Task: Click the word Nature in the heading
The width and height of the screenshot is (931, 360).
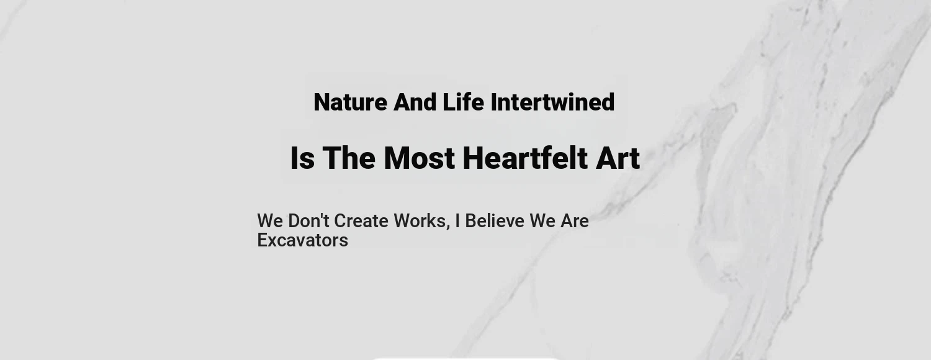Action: pos(351,102)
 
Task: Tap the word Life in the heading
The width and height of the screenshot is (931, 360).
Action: pos(464,102)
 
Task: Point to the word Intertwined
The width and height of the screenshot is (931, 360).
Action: pos(553,102)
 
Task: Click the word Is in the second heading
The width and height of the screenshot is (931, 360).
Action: pos(302,158)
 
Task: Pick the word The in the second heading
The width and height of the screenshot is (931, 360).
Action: pos(349,158)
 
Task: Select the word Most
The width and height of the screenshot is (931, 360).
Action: pos(419,158)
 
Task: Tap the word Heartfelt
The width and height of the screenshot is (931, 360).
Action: pos(525,158)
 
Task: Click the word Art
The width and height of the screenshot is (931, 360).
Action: pos(618,158)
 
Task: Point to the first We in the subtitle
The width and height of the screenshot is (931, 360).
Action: pos(270,221)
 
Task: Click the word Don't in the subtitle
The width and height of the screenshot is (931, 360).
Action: pos(309,221)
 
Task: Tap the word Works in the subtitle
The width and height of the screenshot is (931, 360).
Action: pos(420,221)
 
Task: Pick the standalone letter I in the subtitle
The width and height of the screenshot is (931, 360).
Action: pos(457,221)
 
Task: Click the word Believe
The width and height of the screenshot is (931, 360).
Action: pos(495,221)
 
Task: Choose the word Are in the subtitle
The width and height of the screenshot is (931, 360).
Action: pos(574,221)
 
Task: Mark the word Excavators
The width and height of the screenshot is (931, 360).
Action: pos(303,240)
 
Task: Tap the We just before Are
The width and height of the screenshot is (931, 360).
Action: pos(542,221)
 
